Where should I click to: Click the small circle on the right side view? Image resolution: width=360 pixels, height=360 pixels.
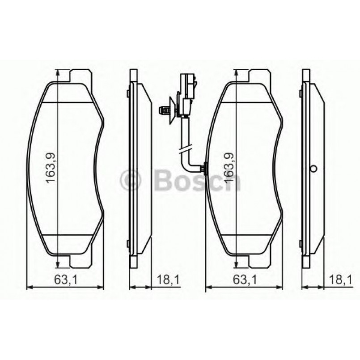[313, 169]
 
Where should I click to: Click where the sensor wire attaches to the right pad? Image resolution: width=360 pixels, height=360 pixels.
[205, 168]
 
